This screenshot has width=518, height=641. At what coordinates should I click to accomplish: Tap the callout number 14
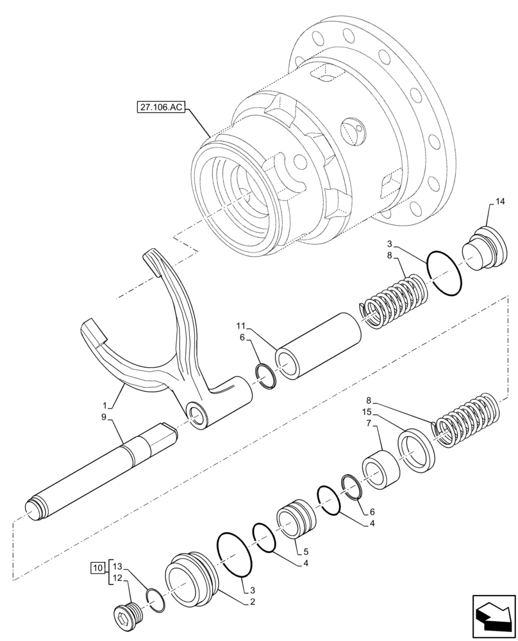pyautogui.click(x=499, y=201)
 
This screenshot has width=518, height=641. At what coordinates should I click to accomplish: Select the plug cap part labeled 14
pyautogui.click(x=483, y=249)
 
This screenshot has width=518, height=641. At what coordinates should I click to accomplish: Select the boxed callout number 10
pyautogui.click(x=97, y=567)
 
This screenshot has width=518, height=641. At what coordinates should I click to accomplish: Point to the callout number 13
pyautogui.click(x=117, y=567)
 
